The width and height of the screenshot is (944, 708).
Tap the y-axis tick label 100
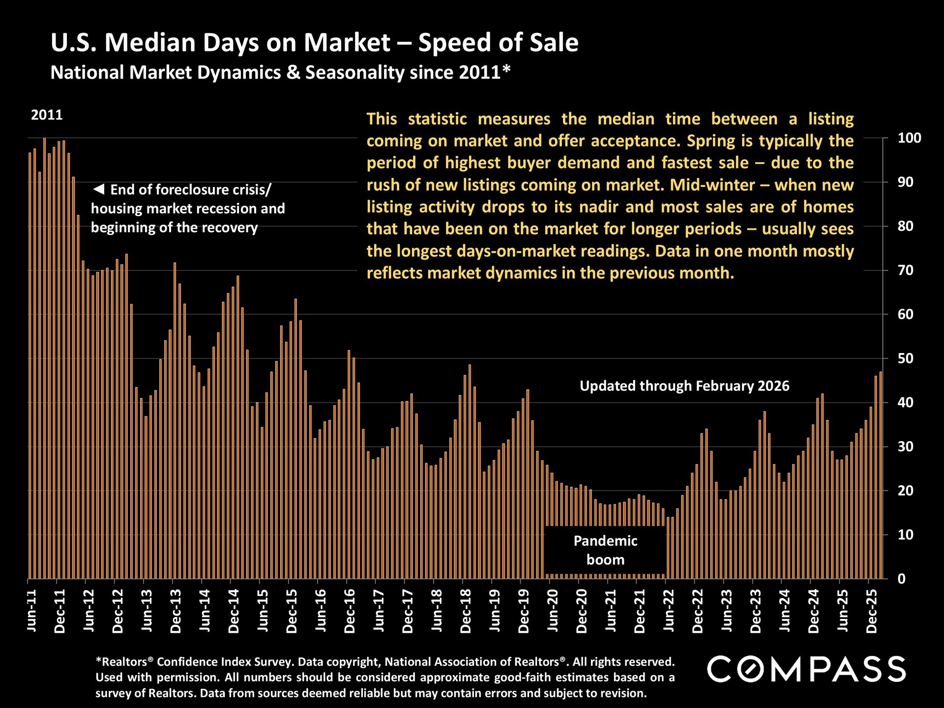909,138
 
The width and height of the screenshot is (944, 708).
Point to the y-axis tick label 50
905,358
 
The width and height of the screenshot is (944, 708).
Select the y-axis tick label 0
901,579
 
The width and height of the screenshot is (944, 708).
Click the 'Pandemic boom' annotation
605,550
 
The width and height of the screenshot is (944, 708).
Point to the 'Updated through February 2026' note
684,386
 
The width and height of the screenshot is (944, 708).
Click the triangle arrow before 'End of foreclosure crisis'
99,189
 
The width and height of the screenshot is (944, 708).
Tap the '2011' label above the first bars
47,115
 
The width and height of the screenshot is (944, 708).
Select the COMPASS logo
806,669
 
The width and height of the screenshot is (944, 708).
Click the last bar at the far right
881,475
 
